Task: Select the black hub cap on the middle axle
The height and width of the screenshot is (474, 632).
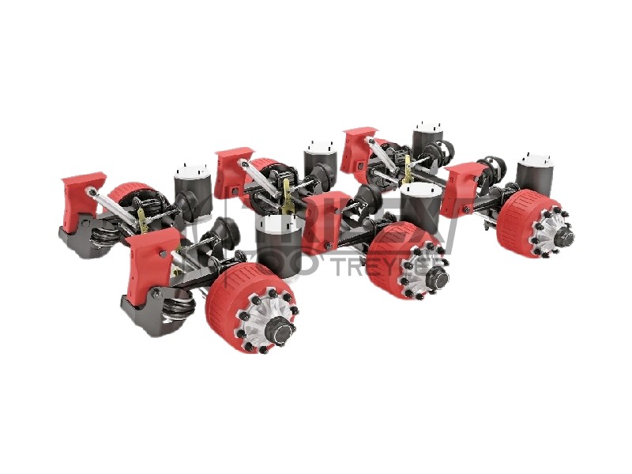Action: (x=437, y=278)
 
